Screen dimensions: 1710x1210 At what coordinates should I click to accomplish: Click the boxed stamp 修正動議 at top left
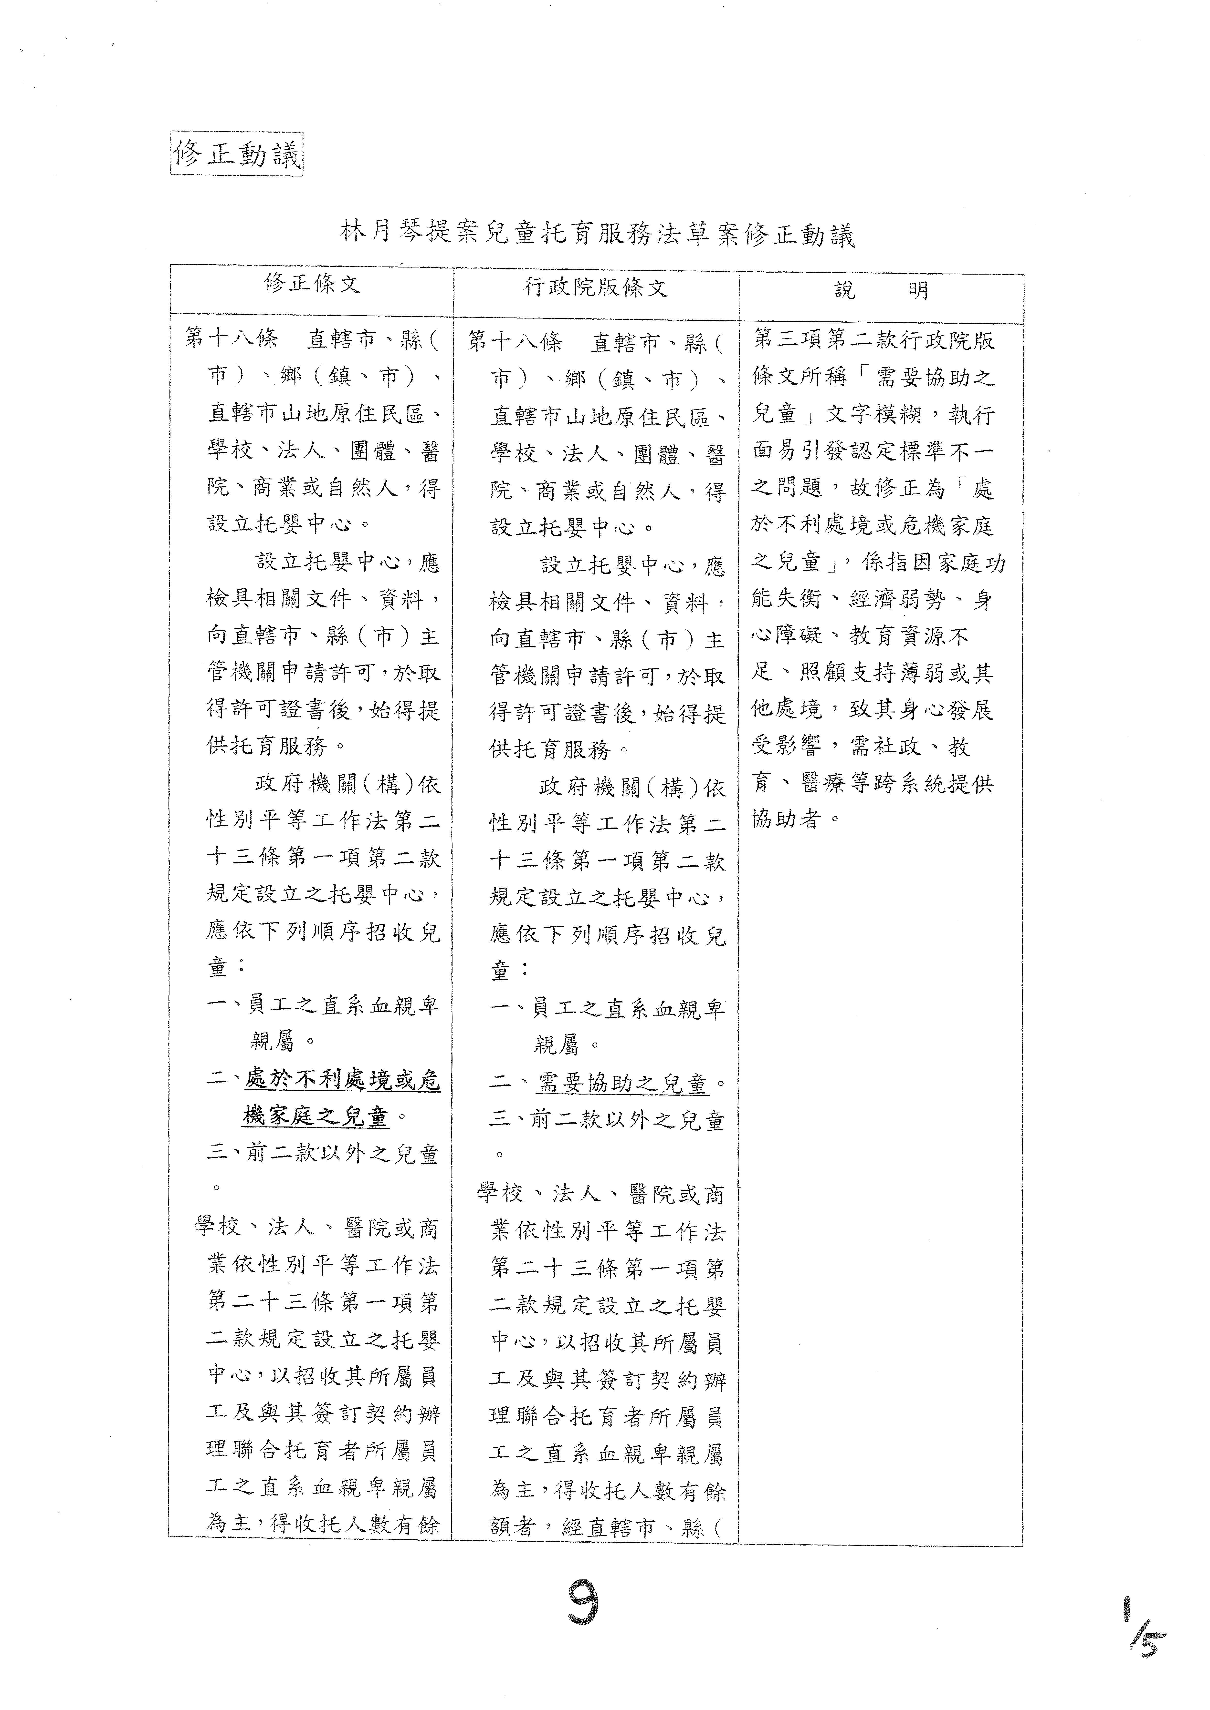(x=237, y=154)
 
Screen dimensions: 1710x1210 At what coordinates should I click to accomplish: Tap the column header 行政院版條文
(x=596, y=287)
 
